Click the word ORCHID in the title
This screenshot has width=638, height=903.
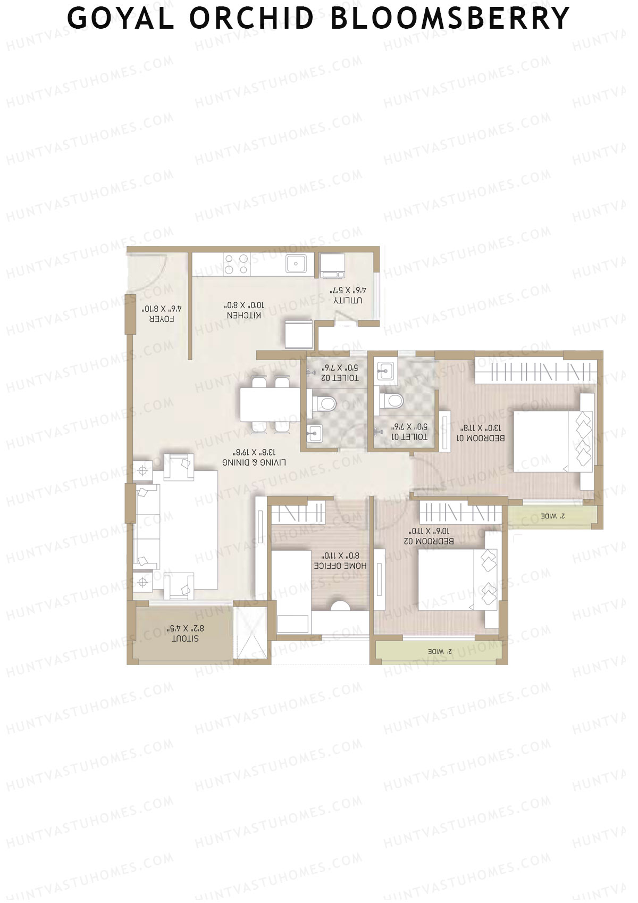[x=251, y=18]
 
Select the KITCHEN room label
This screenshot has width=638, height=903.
[x=244, y=315]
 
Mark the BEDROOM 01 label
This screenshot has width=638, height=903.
[x=481, y=438]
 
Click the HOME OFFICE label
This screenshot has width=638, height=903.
[x=340, y=566]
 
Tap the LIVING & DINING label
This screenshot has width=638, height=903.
[x=254, y=462]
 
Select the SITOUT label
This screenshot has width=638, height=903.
[x=185, y=639]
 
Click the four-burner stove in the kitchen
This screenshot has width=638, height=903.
[x=237, y=264]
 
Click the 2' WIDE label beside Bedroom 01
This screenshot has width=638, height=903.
[x=553, y=516]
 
